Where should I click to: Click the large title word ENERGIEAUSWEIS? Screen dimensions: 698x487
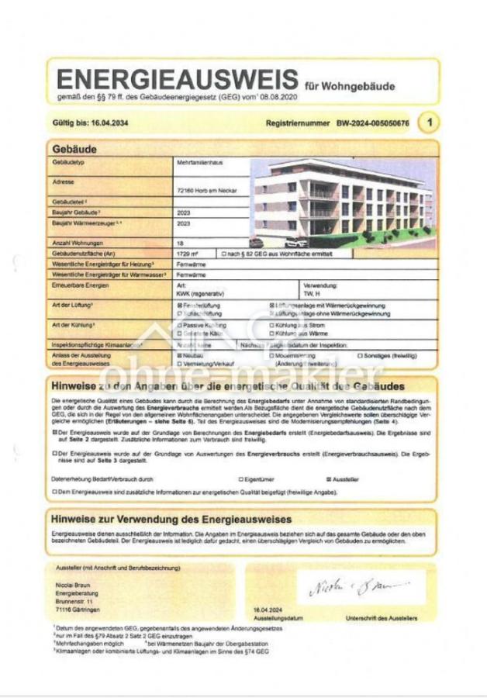(178, 80)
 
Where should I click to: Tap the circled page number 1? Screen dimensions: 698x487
(428, 123)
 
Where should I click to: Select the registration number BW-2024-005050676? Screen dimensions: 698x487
(372, 123)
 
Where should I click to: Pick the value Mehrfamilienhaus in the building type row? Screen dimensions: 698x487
(198, 164)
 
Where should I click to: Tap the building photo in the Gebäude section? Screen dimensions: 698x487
(343, 201)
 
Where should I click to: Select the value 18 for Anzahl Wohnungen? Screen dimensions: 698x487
(181, 243)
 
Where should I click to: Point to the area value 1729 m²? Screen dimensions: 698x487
(188, 254)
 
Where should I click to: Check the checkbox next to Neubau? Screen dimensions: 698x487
(180, 355)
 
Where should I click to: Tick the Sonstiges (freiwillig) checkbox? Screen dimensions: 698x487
(360, 355)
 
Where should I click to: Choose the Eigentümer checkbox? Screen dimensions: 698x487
(241, 479)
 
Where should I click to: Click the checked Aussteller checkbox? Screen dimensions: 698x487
(329, 479)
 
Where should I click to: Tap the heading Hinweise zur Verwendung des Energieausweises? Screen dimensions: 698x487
(171, 519)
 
